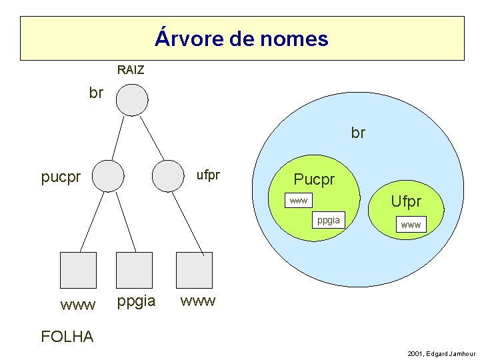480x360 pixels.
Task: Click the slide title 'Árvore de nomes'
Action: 241,38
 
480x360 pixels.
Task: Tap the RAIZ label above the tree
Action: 131,70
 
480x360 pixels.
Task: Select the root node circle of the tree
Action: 131,101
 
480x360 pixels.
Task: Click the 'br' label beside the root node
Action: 96,93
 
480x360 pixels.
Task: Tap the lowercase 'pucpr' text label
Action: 61,178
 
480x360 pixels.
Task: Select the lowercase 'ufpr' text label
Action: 208,175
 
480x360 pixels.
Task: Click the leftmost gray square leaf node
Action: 78,270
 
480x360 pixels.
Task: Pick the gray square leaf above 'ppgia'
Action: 134,270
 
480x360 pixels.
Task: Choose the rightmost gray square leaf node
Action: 194,270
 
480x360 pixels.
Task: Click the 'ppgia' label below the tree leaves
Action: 136,301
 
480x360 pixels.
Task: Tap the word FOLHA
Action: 67,337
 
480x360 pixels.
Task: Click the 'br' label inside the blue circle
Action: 358,133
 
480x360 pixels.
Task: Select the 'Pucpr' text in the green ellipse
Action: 315,179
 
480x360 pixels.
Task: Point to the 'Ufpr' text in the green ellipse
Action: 406,201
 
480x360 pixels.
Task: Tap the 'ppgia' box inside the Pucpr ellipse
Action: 328,219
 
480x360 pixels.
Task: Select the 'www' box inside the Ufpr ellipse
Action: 411,225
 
